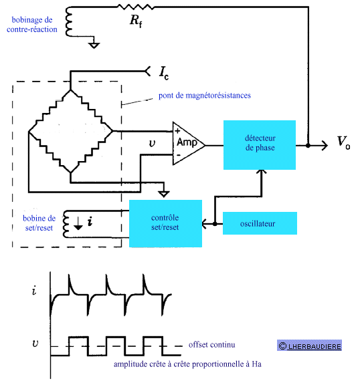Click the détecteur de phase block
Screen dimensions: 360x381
point(260,145)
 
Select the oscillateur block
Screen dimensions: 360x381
point(260,223)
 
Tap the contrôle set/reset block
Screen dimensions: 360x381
point(165,223)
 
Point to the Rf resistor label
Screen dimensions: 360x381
point(136,21)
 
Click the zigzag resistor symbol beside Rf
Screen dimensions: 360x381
point(136,7)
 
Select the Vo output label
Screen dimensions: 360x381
point(343,143)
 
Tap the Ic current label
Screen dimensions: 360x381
point(164,73)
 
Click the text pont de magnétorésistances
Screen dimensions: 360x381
point(205,96)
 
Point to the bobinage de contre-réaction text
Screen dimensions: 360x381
point(32,25)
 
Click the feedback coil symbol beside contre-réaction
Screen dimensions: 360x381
point(68,22)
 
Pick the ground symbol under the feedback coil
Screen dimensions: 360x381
point(94,45)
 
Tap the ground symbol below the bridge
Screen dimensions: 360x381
point(164,194)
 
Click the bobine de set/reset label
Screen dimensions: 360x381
point(39,223)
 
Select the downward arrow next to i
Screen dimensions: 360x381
point(78,223)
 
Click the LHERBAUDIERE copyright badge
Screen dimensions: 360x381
point(309,346)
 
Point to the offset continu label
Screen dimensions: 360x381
point(212,344)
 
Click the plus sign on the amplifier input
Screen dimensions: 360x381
point(177,131)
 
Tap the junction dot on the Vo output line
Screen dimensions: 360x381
point(308,146)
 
